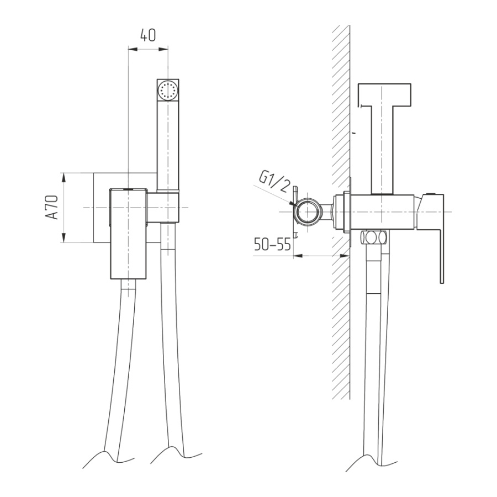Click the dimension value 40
(x=148, y=35)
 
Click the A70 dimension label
(x=52, y=207)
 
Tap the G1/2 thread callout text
(x=274, y=181)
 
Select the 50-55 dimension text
(x=272, y=245)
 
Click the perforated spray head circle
(x=168, y=89)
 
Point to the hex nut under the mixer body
(x=374, y=237)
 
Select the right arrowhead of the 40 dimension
(x=163, y=49)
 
